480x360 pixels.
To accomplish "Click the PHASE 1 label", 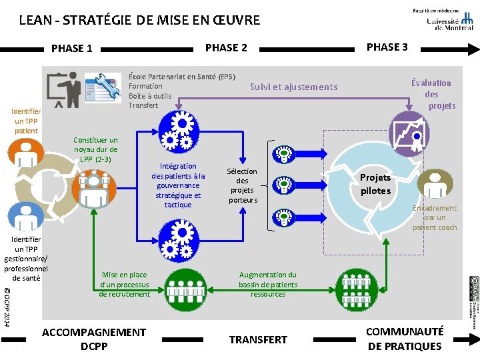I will [x=71, y=48].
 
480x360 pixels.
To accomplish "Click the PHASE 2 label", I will [x=226, y=47].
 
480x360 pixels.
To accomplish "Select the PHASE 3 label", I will [x=387, y=47].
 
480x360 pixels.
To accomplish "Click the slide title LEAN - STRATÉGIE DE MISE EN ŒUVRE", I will [x=139, y=20].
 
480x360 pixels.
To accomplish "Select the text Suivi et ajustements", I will [x=293, y=87].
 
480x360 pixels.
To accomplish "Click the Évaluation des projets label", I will [x=431, y=94].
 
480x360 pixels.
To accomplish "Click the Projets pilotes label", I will [x=375, y=184].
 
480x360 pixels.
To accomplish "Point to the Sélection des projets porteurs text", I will [x=242, y=185].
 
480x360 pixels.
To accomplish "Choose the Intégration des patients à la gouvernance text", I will [x=178, y=185].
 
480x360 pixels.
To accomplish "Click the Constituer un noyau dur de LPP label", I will [x=95, y=149].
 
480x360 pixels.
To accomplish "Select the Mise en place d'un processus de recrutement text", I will [x=125, y=284].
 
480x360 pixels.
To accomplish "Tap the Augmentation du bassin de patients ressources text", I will [x=268, y=284].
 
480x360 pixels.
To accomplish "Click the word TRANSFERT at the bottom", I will [x=258, y=339].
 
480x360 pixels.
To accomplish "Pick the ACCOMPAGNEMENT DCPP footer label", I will [x=93, y=339].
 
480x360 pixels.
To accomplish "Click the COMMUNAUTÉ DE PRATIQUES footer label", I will [x=405, y=339].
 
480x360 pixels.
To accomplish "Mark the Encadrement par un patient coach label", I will [x=435, y=217].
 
